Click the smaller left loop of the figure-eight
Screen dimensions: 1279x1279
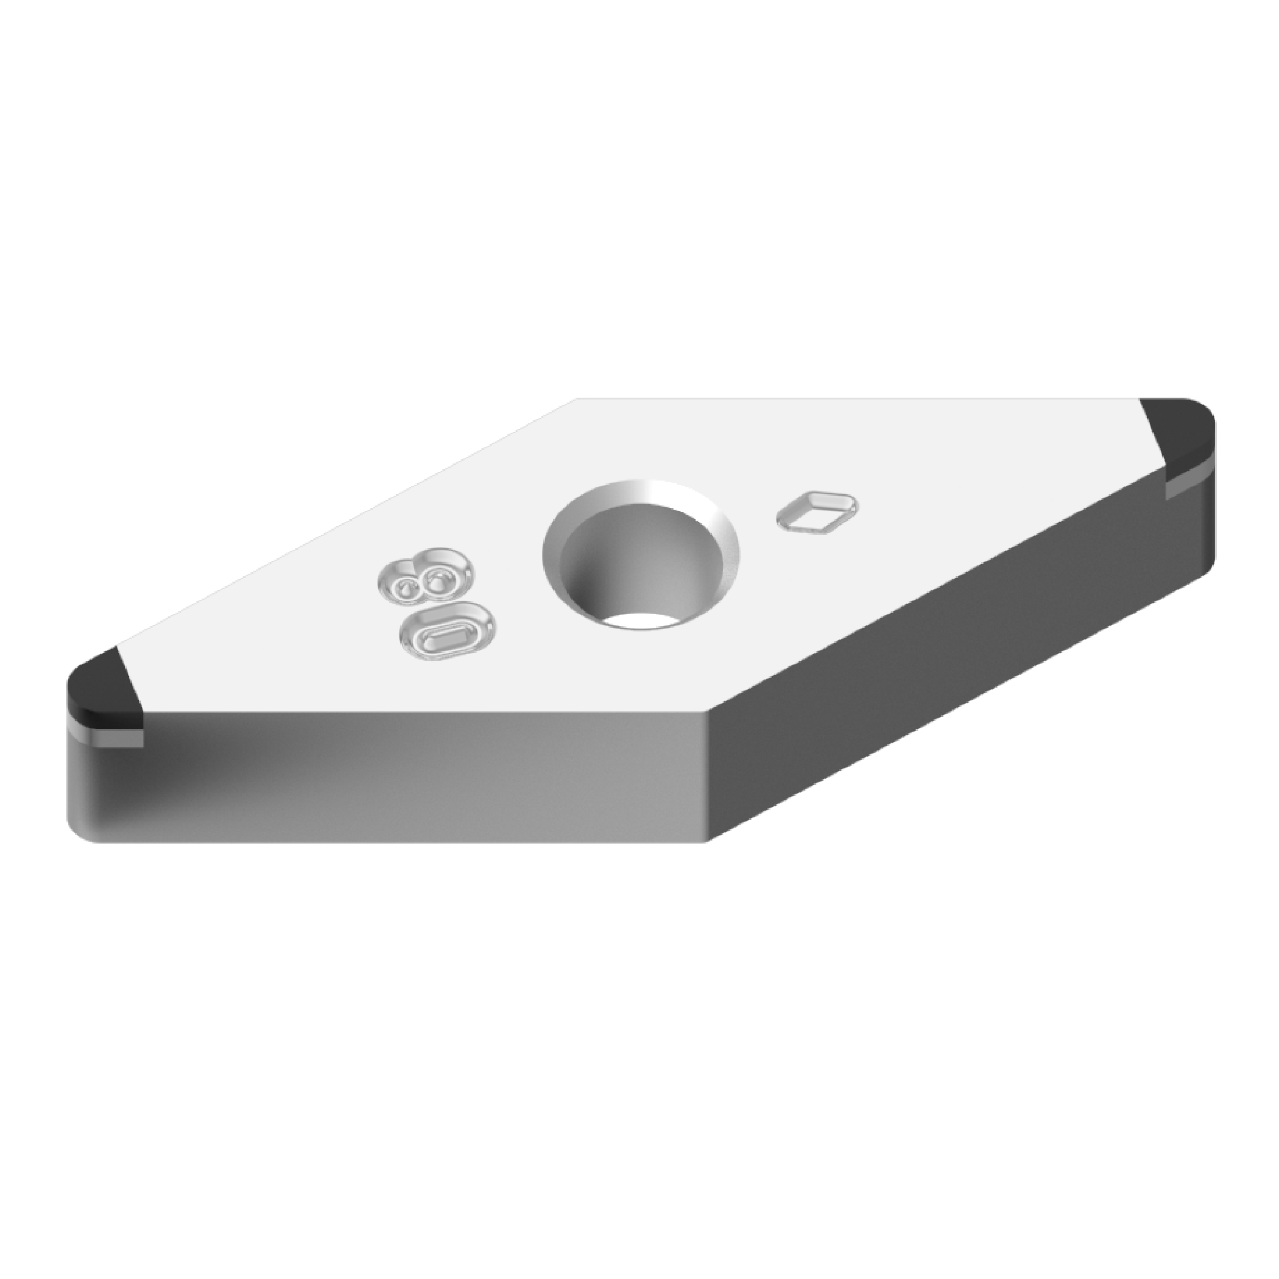[400, 587]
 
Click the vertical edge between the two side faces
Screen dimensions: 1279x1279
[708, 775]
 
